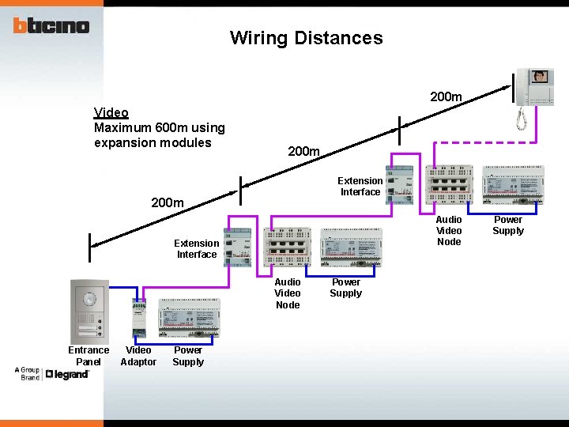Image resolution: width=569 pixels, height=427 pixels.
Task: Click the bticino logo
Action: [x=51, y=25]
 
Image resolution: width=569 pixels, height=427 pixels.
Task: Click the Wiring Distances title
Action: [x=306, y=38]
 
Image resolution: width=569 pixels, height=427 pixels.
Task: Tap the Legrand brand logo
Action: [x=67, y=373]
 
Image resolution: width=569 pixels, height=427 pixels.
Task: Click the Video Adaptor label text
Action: [x=138, y=356]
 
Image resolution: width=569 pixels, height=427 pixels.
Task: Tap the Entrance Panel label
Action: [x=89, y=356]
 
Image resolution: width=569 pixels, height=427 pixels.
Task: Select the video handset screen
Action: [x=540, y=77]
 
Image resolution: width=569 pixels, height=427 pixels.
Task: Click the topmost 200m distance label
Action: [x=446, y=96]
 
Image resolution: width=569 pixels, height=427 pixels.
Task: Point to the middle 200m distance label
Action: [x=303, y=151]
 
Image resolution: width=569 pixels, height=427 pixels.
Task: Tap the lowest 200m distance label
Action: [x=168, y=203]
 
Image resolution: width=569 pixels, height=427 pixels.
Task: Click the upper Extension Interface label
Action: [x=361, y=186]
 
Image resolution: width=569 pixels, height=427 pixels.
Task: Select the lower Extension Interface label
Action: [x=197, y=248]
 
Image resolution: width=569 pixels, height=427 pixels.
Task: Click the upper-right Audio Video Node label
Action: [x=449, y=230]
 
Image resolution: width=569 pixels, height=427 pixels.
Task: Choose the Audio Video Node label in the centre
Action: [x=288, y=293]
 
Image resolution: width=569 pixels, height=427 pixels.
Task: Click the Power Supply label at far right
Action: [x=508, y=225]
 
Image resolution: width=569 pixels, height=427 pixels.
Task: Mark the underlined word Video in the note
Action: [x=111, y=113]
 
